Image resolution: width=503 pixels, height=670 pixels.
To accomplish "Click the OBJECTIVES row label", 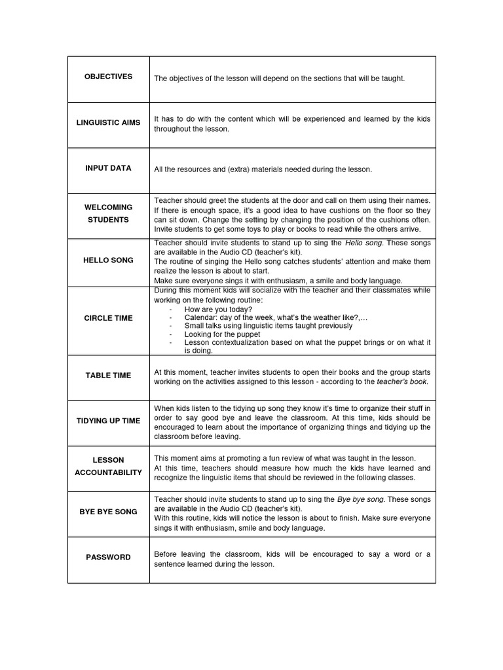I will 108,77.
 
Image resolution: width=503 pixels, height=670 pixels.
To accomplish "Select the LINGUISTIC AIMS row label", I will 108,122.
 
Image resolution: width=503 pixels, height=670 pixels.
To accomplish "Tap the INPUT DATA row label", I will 108,168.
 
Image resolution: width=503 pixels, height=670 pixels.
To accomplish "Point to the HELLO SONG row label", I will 108,260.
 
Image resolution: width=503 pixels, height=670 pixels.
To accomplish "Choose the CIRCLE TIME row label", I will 108,318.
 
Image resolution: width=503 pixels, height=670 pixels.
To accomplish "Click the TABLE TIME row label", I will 108,376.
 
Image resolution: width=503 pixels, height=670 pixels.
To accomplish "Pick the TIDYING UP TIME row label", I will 108,421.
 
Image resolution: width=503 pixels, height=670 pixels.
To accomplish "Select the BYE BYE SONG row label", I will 108,512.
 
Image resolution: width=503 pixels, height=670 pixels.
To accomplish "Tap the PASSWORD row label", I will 108,557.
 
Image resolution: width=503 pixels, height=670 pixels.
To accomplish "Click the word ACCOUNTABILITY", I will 108,472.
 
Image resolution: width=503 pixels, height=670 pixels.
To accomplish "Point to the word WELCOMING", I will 108,207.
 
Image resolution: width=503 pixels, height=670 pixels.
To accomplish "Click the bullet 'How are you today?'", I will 218,309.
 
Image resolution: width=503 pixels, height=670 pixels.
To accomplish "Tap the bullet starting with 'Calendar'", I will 276,317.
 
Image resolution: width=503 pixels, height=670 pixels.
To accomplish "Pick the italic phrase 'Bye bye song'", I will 359,499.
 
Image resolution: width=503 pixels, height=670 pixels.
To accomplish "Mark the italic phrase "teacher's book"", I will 400,381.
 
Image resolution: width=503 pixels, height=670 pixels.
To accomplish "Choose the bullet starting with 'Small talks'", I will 268,326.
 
